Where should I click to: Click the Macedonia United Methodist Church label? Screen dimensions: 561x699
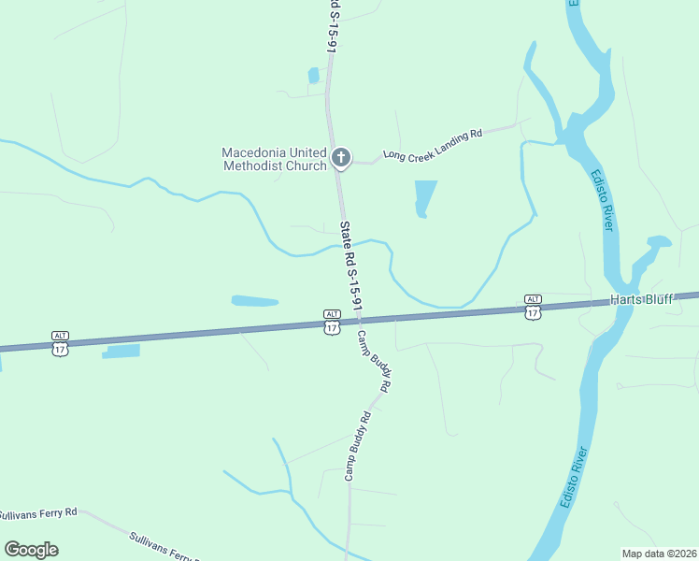[x=274, y=159]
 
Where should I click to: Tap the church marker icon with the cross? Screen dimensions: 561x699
[x=341, y=158]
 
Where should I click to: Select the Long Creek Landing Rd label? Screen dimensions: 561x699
[x=432, y=146]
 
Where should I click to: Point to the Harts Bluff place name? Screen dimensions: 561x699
[x=642, y=300]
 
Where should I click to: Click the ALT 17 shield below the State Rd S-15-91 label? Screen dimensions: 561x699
[x=332, y=322]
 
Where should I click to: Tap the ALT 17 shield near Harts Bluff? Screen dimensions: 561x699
[x=532, y=307]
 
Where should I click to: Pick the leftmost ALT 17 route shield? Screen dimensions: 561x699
[x=61, y=342]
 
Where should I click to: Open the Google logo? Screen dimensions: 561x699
[x=31, y=550]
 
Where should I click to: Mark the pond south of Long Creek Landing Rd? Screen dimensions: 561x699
[x=425, y=198]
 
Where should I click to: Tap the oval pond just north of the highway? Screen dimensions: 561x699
[x=254, y=301]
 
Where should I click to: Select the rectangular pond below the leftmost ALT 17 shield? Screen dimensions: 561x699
[x=121, y=352]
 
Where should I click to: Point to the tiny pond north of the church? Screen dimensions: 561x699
[x=314, y=75]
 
